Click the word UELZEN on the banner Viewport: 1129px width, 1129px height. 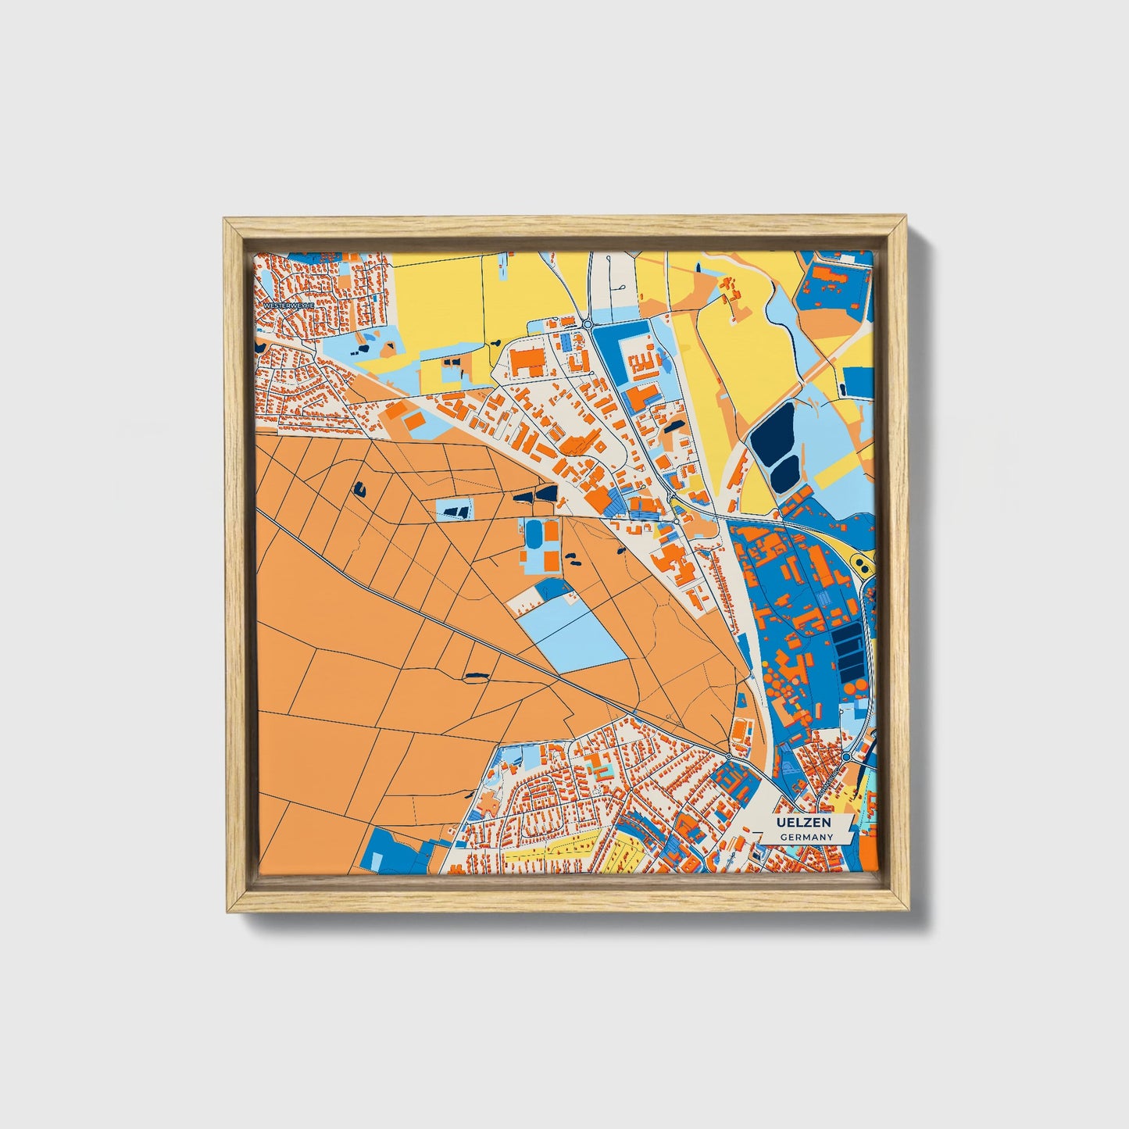tap(804, 824)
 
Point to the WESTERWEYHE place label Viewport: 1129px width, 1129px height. tap(287, 305)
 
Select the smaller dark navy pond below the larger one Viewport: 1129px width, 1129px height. tap(784, 473)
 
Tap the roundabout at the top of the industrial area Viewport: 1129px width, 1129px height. tap(587, 324)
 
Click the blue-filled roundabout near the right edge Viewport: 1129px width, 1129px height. tap(846, 756)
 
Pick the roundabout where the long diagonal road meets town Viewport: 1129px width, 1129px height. tap(727, 756)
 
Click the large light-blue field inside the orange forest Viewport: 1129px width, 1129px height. tap(574, 633)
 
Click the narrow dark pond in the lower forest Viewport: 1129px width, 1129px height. tap(475, 674)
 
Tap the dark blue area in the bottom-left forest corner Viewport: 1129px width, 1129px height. tap(391, 849)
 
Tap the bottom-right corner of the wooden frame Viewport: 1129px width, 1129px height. tap(909, 910)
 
